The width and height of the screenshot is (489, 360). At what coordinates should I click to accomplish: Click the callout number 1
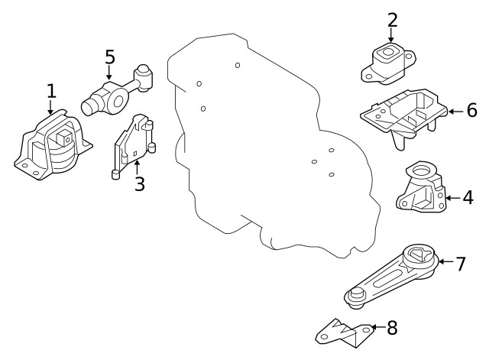pos(51,92)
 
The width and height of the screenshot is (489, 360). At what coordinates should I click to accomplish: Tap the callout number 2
pos(393,19)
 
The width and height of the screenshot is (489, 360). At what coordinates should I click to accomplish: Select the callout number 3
pos(139,184)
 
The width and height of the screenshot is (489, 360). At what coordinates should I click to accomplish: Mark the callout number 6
pos(471,111)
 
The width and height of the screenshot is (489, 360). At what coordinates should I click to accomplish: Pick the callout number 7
pos(460,264)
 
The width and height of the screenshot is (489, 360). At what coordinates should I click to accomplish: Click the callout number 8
pos(392,329)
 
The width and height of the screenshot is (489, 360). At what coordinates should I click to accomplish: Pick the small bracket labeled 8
pos(345,330)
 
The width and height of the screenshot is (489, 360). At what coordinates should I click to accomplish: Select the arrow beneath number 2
pos(391,36)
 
